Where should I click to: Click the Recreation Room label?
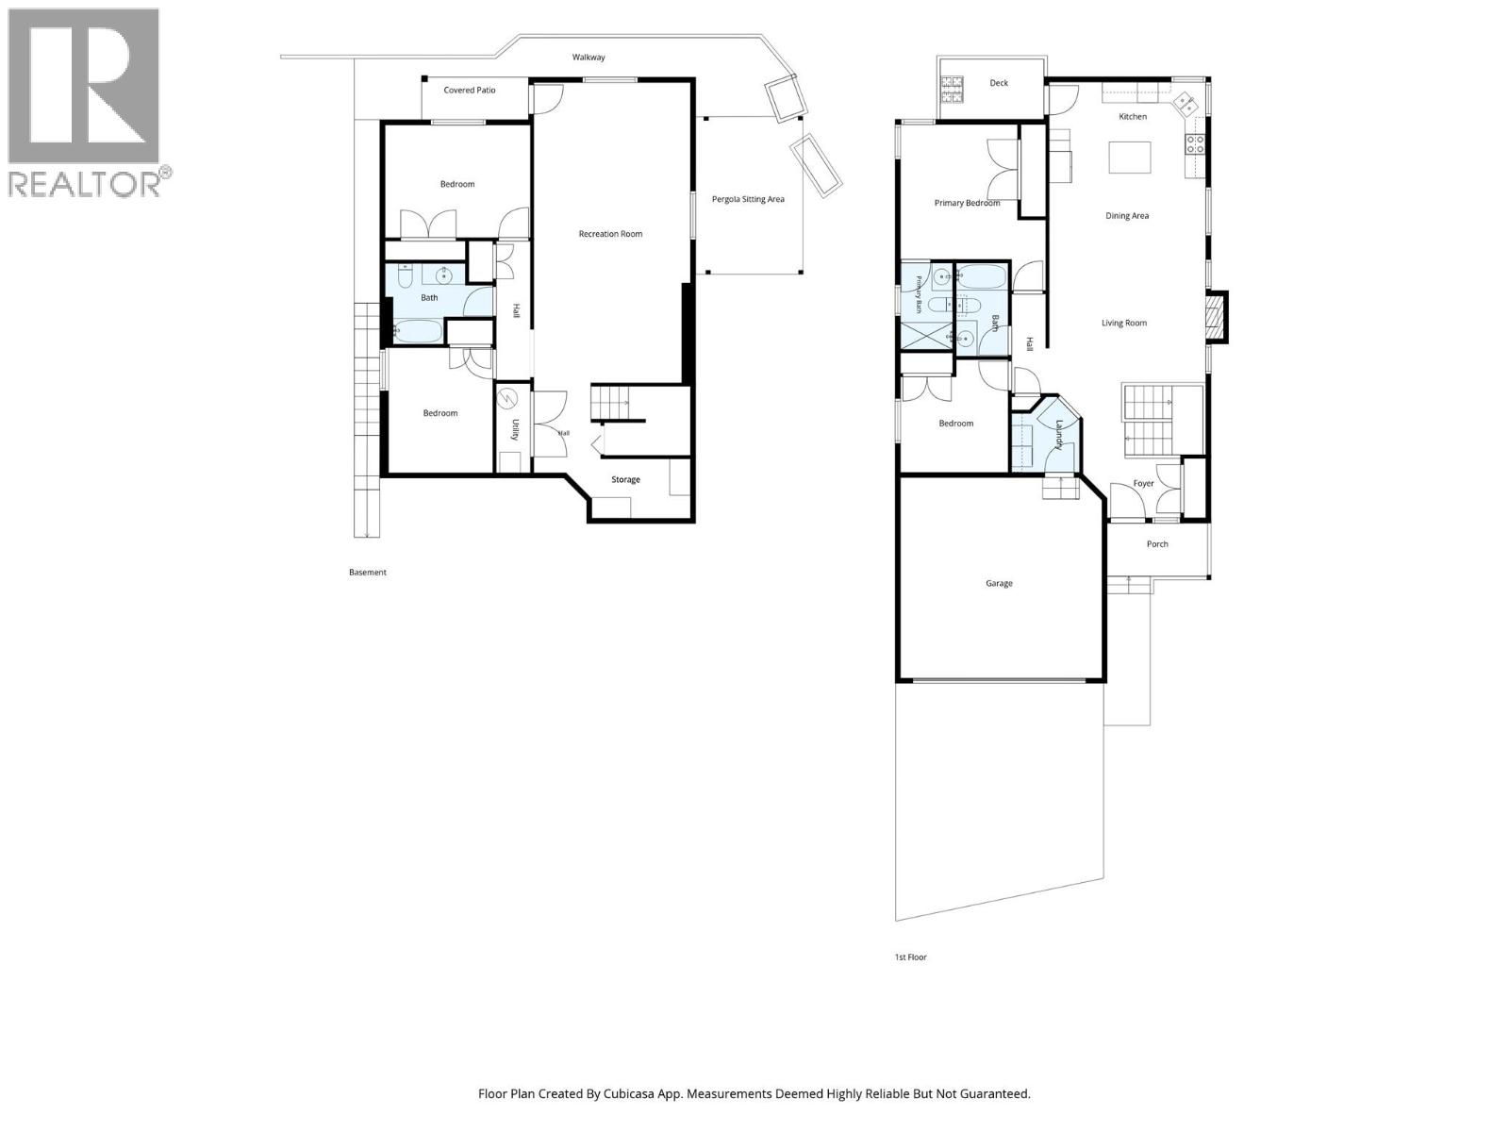coord(610,234)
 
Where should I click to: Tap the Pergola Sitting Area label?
coord(747,199)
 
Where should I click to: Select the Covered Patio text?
coord(469,90)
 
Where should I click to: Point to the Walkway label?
coord(589,57)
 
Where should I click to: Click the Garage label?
coord(998,584)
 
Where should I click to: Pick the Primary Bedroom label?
coord(967,204)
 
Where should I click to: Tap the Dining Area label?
coord(1127,216)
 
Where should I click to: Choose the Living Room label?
coord(1124,323)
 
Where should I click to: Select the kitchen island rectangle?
coord(1130,158)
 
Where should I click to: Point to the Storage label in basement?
coord(625,480)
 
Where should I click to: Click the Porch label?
coord(1157,544)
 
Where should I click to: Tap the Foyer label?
coord(1143,484)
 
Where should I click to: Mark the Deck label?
coord(998,83)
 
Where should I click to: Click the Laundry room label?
coord(1059,435)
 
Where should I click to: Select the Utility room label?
coord(515,429)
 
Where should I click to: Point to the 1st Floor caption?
coord(910,957)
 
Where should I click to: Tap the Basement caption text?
coord(367,573)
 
